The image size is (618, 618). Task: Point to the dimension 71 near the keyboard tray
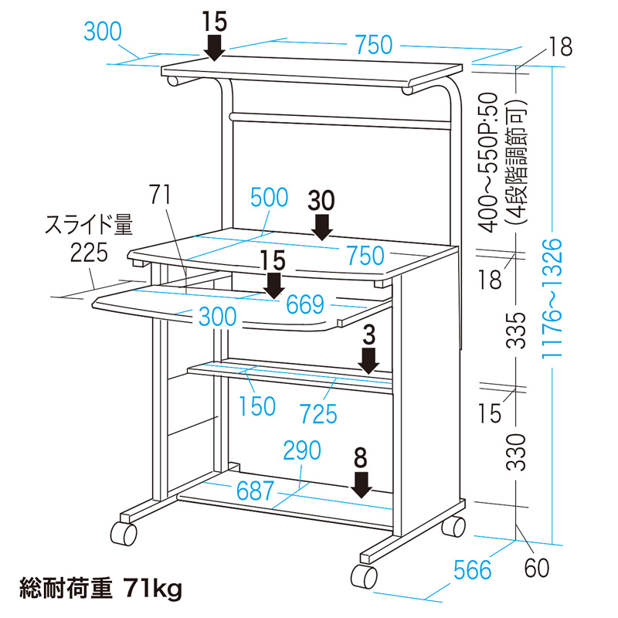pyautogui.click(x=161, y=193)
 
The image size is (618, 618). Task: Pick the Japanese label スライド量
pyautogui.click(x=89, y=226)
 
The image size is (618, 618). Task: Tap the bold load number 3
pyautogui.click(x=369, y=334)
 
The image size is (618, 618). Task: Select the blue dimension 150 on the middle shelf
pyautogui.click(x=257, y=406)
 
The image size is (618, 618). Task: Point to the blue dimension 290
pyautogui.click(x=302, y=451)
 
